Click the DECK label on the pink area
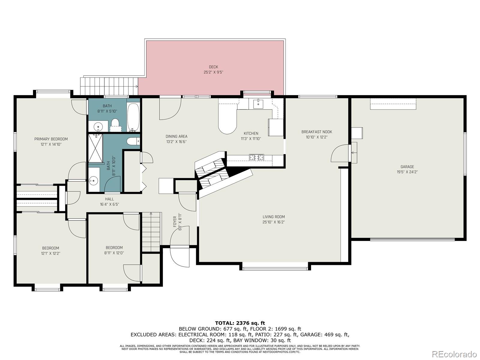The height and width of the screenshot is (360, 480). pos(213,67)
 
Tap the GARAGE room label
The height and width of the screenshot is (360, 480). pos(407,167)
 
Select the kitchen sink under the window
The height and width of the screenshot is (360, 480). pos(258,104)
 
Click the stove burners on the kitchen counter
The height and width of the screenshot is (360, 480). pos(257,157)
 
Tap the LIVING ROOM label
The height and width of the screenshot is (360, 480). pos(274,217)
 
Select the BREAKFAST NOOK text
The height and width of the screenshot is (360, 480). pos(316,132)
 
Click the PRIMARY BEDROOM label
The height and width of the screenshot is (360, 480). pos(51,139)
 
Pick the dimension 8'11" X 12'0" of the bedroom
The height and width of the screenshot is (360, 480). pos(114,253)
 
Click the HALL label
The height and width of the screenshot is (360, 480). pos(109,199)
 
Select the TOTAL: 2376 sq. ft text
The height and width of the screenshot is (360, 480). pos(240,323)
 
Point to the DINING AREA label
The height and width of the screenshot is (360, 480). pos(176,136)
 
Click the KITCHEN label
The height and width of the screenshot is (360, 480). pos(251,133)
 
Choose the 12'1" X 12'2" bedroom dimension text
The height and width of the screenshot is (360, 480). pos(50,253)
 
